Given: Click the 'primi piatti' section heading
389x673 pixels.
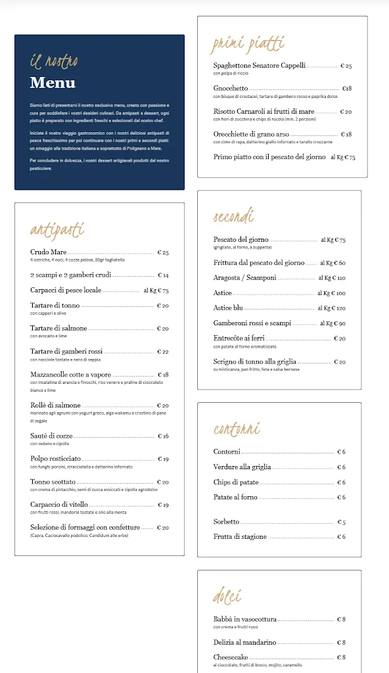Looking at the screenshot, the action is [x=247, y=45].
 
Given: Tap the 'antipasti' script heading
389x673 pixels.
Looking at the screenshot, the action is [x=57, y=229].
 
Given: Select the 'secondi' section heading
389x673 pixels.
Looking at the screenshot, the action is [x=233, y=217].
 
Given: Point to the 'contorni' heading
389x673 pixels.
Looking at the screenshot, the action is [x=237, y=429].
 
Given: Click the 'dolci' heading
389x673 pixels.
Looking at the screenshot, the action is [x=227, y=596].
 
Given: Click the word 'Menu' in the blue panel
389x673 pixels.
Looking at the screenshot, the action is [x=53, y=83].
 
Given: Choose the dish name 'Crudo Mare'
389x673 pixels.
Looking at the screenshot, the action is [x=49, y=252].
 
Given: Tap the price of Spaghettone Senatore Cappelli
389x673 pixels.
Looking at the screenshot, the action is [x=346, y=66].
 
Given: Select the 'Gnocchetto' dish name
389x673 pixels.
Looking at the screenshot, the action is [x=231, y=89].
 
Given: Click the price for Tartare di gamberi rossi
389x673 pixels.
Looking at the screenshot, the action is [x=162, y=352].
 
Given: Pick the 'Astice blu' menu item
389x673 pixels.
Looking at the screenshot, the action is [x=228, y=308].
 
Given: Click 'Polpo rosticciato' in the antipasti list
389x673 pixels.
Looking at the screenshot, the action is [x=55, y=459].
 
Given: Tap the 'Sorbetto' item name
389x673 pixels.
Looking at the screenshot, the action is [x=226, y=522].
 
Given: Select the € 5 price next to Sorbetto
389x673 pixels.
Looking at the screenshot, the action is [x=341, y=522].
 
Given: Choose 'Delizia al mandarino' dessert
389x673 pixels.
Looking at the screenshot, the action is [x=244, y=643].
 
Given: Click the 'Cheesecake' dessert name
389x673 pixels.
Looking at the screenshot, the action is [x=231, y=657].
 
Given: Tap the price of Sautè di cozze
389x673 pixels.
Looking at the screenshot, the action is [x=162, y=436].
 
